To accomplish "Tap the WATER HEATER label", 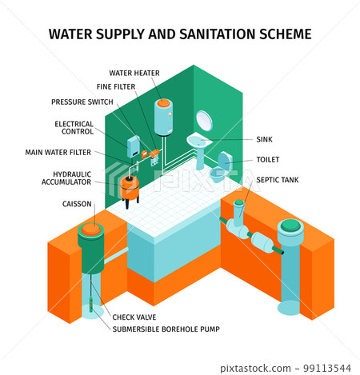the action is pyautogui.click(x=134, y=73).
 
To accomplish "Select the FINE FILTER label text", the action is pyautogui.click(x=116, y=86).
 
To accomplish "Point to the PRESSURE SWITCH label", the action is pyautogui.click(x=82, y=102).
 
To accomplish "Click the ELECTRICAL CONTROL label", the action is pyautogui.click(x=74, y=128).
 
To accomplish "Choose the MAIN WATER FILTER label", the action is pyautogui.click(x=58, y=152).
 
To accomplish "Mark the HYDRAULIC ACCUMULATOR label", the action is pyautogui.click(x=66, y=178).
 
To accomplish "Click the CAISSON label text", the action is pyautogui.click(x=77, y=204).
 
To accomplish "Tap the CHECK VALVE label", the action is pyautogui.click(x=134, y=317).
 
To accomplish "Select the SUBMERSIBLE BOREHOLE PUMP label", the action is pyautogui.click(x=166, y=329).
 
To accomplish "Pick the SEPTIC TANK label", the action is pyautogui.click(x=278, y=180).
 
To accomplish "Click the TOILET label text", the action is pyautogui.click(x=268, y=159).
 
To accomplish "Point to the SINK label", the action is pyautogui.click(x=264, y=139).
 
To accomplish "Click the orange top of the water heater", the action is pyautogui.click(x=163, y=103).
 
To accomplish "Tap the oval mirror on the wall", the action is pyautogui.click(x=204, y=121).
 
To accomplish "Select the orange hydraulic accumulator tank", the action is pyautogui.click(x=129, y=187).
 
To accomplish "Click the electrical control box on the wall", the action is pyautogui.click(x=134, y=146).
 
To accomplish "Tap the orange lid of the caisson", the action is pyautogui.click(x=91, y=229).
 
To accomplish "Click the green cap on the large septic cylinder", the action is pyautogui.click(x=290, y=225).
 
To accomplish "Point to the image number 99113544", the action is pyautogui.click(x=327, y=369).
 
